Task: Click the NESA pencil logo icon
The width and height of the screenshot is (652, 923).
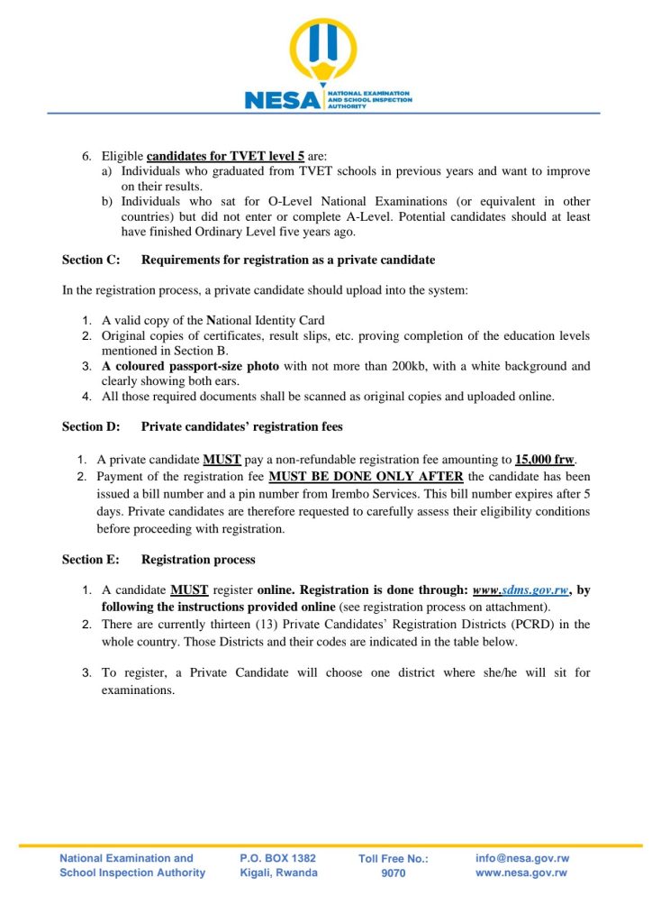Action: (322, 53)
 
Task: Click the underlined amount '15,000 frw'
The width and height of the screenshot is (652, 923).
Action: (545, 458)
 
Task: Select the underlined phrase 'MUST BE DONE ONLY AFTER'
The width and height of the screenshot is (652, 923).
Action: (366, 476)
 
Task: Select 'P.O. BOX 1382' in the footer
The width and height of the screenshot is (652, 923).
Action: (278, 859)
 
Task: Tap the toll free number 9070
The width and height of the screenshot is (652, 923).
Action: (394, 873)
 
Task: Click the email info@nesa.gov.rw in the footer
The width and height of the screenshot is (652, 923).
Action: (522, 859)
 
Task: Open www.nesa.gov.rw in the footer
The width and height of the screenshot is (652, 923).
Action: (521, 873)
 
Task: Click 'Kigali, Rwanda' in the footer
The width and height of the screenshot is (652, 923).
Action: (278, 873)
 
